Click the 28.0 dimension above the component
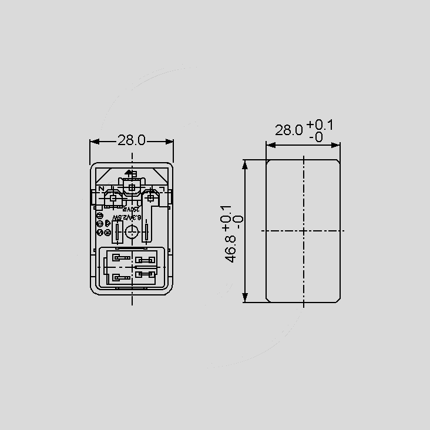click(132, 141)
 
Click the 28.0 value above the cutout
click(289, 130)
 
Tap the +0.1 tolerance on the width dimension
click(319, 125)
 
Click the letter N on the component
click(102, 189)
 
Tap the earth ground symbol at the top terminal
click(130, 174)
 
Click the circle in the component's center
click(132, 233)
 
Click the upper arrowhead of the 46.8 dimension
click(244, 164)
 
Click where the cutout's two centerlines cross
click(303, 231)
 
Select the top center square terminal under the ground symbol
click(132, 187)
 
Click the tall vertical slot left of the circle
click(117, 233)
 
